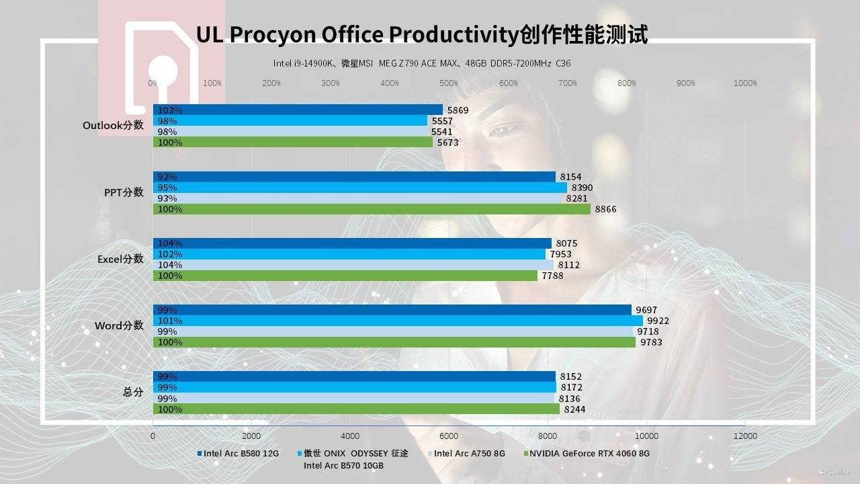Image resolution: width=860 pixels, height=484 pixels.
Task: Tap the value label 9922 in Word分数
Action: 658,321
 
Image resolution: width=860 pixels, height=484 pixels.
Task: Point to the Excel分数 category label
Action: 120,259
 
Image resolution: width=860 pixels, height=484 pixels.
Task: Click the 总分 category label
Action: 133,392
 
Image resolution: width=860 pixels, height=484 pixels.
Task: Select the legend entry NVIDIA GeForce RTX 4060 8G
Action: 589,453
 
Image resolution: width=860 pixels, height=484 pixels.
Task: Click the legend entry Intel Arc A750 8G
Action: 469,453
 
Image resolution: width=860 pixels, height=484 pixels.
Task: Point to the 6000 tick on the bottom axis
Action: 449,436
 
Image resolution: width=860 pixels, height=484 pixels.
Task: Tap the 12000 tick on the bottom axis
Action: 745,436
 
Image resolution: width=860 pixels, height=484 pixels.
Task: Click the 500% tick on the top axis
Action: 449,83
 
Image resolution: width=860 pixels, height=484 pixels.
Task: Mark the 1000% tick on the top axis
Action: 745,83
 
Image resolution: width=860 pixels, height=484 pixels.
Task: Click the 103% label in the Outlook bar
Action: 170,110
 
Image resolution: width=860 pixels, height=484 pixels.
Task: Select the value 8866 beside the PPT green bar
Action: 605,209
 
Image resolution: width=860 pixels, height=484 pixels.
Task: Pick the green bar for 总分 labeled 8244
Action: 356,409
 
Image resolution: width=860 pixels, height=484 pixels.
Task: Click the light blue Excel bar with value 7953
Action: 349,254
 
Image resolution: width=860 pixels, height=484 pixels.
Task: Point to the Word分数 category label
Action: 119,325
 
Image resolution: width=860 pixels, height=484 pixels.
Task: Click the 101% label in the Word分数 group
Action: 167,321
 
